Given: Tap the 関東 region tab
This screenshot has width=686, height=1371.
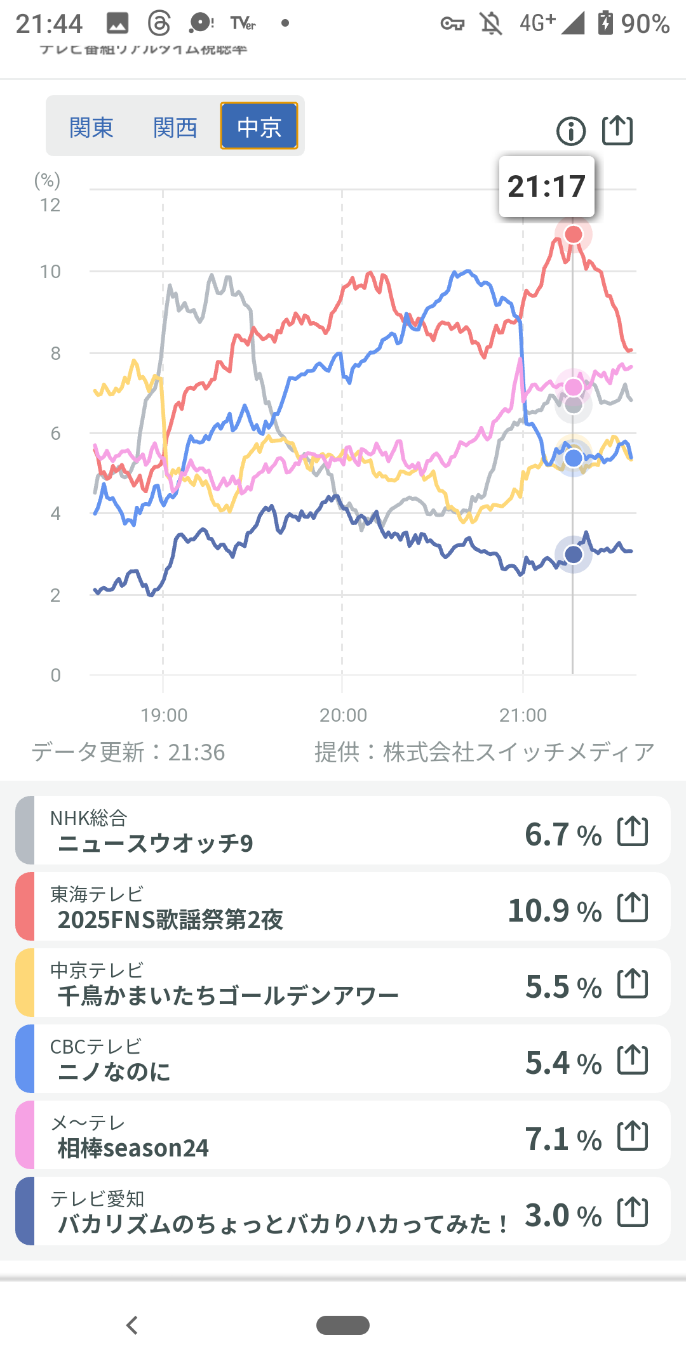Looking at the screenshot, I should tap(91, 127).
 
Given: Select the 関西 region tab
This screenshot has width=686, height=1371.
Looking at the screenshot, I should tap(175, 127).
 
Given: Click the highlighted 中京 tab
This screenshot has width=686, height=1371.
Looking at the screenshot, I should tap(259, 127).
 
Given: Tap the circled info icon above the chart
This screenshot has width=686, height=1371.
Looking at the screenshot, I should tap(571, 131).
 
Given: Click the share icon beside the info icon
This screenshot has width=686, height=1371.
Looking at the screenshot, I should tap(617, 131).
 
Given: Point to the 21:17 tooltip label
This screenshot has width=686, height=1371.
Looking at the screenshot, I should tap(546, 187).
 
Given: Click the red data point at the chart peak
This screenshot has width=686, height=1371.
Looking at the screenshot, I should tap(574, 234).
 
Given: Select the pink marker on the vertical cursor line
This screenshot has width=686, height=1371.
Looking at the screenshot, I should tap(574, 387).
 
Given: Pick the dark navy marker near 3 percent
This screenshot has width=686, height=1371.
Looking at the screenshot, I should tap(574, 554).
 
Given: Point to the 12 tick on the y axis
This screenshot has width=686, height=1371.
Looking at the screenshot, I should tap(50, 205).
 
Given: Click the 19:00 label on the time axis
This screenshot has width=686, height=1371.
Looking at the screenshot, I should tap(164, 715).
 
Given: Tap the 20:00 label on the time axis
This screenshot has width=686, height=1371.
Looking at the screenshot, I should tap(343, 715).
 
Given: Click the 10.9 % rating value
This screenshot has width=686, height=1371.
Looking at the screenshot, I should tap(555, 911).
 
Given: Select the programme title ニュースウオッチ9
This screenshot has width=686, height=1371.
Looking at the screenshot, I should tap(156, 844).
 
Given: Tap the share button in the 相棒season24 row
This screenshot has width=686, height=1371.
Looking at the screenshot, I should tap(633, 1136).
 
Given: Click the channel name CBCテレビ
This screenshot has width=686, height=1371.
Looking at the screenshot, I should tap(96, 1047).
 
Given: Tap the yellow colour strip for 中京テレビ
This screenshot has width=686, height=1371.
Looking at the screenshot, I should tap(25, 983).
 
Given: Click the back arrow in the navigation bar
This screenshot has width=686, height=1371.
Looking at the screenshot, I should tap(132, 1325).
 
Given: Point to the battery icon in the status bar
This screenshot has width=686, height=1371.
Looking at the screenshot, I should tap(605, 23).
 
